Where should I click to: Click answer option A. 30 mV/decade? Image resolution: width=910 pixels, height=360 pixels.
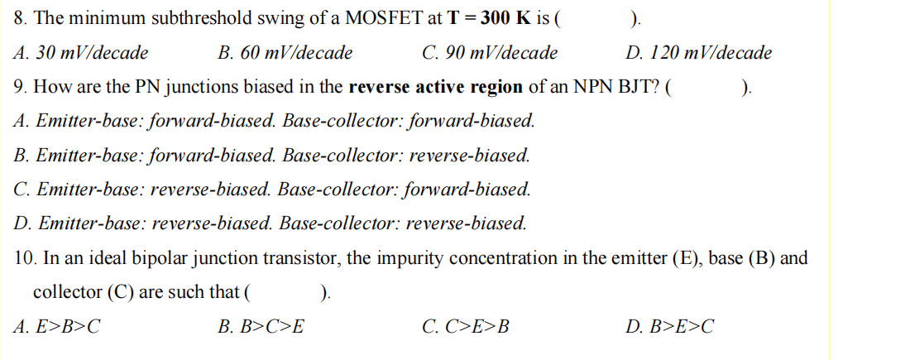[82, 53]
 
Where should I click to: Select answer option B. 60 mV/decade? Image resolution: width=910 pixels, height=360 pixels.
[285, 53]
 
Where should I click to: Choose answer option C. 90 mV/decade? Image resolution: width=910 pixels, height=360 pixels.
[489, 53]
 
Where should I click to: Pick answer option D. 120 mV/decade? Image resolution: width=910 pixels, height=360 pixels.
[699, 53]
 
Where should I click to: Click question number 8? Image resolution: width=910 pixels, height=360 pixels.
[22, 18]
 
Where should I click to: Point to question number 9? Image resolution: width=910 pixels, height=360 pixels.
[22, 87]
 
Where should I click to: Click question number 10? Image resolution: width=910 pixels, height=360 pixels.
[25, 258]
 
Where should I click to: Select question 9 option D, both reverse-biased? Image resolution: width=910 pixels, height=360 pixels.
[271, 223]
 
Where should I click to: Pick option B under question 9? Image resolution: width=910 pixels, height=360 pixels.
[272, 155]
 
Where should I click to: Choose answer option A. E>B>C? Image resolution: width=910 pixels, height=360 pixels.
[57, 326]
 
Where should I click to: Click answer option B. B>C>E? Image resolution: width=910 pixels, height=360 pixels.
[260, 326]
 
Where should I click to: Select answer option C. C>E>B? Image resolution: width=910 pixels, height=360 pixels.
[465, 326]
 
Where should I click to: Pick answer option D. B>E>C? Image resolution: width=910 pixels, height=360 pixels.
[670, 326]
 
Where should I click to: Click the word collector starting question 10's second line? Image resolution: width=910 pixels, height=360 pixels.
[69, 292]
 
